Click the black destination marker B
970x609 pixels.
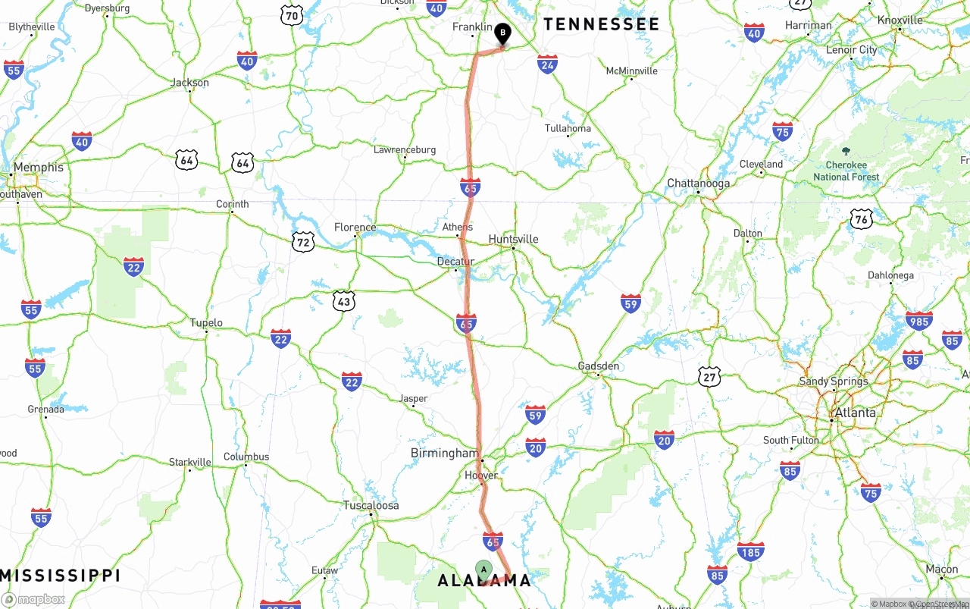(x=502, y=33)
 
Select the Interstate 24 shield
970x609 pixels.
(x=548, y=64)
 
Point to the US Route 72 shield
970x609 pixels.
(x=303, y=242)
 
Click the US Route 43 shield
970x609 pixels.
(x=344, y=301)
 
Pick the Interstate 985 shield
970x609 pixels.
(x=918, y=320)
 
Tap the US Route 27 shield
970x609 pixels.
(x=709, y=375)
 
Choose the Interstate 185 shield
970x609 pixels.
(x=750, y=551)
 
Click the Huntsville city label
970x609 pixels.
(x=513, y=239)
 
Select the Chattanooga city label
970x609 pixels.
(x=698, y=183)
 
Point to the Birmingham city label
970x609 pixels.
(x=444, y=453)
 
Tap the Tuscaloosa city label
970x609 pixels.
(x=371, y=505)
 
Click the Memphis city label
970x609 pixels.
(x=39, y=167)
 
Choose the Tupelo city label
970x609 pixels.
(x=206, y=323)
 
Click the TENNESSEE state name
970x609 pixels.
(x=601, y=24)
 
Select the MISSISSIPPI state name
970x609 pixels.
(x=60, y=575)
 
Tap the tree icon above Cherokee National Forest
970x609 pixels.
(x=846, y=151)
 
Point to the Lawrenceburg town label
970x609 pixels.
(x=405, y=149)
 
